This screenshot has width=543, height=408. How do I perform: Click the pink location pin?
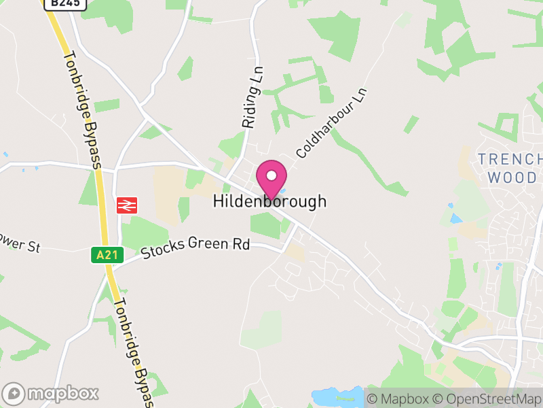[271, 179]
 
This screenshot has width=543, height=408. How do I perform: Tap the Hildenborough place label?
[269, 201]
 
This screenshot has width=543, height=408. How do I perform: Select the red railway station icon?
[127, 204]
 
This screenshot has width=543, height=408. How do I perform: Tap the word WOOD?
[512, 178]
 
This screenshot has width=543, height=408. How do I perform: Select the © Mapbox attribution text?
[401, 398]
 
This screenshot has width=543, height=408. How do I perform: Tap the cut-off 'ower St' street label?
[20, 246]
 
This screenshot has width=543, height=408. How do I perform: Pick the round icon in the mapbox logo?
[14, 393]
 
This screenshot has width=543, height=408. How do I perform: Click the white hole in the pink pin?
[271, 175]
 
